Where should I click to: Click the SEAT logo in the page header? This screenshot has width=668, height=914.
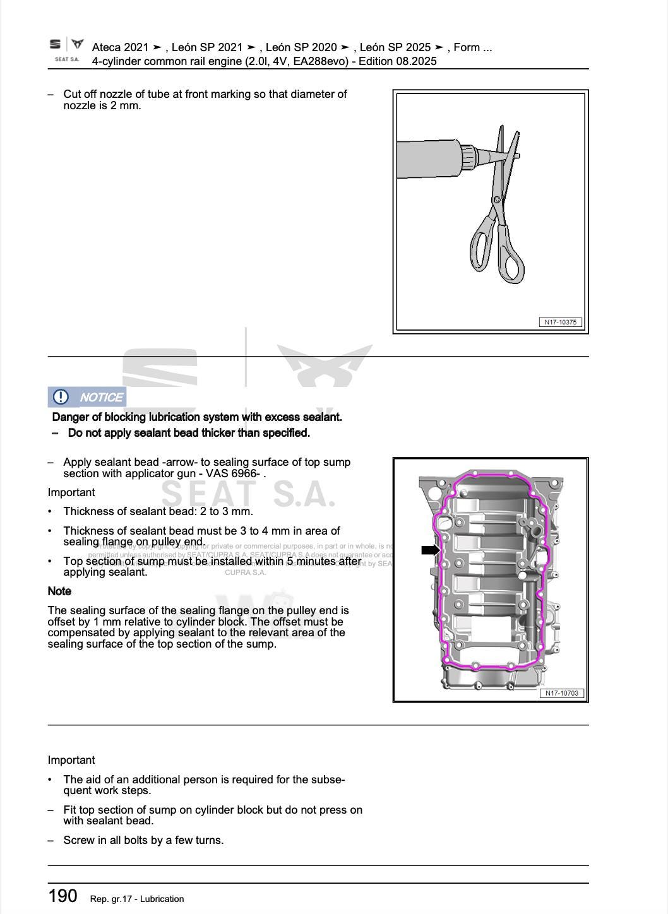point(56,44)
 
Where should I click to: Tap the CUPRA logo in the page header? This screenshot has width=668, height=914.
point(77,44)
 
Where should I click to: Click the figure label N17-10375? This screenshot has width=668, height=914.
point(560,322)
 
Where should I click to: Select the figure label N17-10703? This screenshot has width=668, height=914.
point(561,693)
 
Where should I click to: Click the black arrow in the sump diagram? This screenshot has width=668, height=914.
point(431,550)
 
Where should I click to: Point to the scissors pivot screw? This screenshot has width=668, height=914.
point(497,200)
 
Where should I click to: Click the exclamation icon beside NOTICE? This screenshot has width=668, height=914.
point(61,397)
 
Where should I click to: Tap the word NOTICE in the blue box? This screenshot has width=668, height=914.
point(101,397)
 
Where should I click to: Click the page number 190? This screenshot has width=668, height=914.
point(63,896)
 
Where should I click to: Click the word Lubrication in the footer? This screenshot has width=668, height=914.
point(162,899)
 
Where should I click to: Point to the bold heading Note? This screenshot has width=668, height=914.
point(59,591)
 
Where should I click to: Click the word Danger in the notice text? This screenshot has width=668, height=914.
point(69,417)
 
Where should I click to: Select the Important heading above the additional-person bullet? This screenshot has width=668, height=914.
point(71,760)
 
